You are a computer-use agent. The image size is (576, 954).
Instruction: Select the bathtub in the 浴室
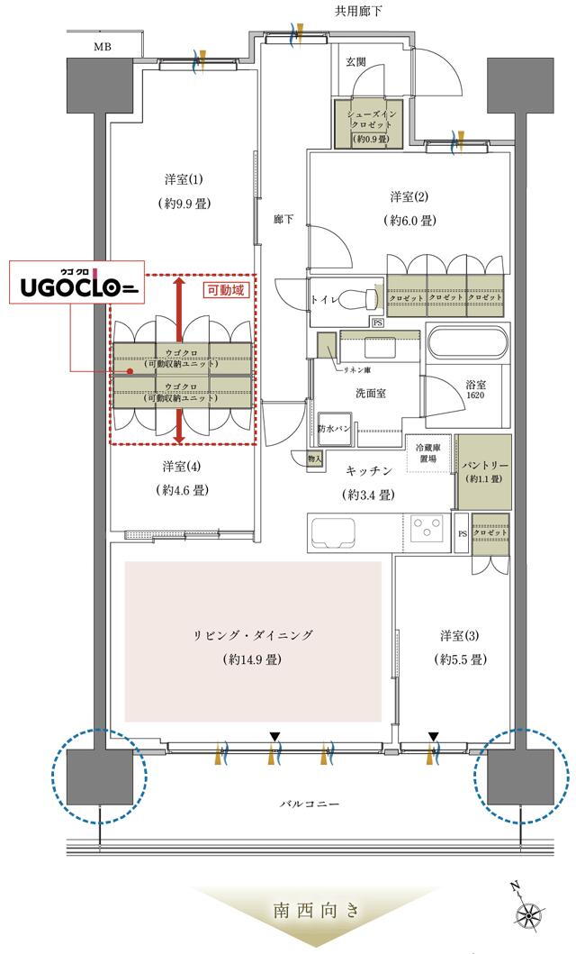[468, 345]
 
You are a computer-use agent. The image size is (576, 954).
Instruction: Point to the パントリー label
[484, 465]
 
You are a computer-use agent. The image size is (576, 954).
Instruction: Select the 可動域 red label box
[225, 290]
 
